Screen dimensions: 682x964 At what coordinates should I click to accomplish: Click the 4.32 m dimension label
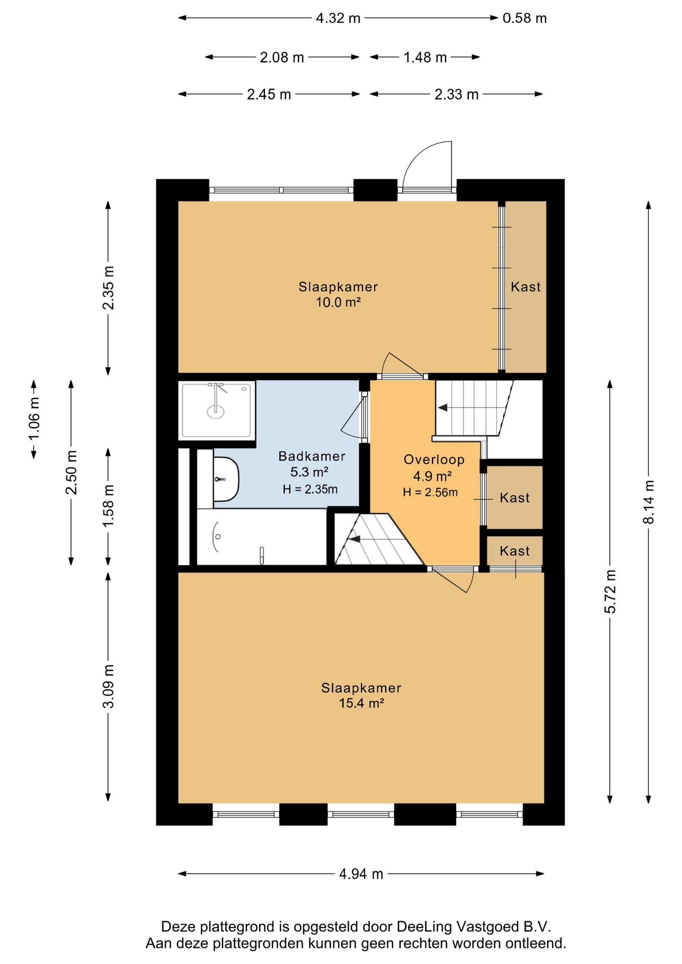(338, 18)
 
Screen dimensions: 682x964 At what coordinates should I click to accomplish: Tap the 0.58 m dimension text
(524, 18)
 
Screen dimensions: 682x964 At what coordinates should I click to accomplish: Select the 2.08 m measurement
(282, 57)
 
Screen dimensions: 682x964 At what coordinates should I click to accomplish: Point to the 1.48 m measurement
(425, 57)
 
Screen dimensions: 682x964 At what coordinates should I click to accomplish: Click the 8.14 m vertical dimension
(649, 502)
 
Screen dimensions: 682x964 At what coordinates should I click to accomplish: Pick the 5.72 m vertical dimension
(610, 591)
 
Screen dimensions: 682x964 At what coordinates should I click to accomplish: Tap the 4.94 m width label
(361, 874)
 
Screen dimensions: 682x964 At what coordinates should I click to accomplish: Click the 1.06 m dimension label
(34, 419)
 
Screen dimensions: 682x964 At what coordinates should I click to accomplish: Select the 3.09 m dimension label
(108, 686)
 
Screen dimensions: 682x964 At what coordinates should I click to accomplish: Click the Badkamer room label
(312, 456)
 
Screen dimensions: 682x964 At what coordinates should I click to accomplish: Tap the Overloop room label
(434, 459)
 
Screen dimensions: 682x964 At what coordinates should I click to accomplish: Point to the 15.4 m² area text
(361, 703)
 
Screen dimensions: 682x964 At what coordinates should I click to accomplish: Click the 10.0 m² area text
(338, 302)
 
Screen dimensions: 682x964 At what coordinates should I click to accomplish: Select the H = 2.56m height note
(430, 493)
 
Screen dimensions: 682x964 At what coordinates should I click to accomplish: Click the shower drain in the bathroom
(216, 412)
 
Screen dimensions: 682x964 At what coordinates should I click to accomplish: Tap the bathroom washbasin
(226, 479)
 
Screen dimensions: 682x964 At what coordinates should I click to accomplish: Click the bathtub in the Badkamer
(261, 537)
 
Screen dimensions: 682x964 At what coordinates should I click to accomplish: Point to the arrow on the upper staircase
(442, 408)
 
